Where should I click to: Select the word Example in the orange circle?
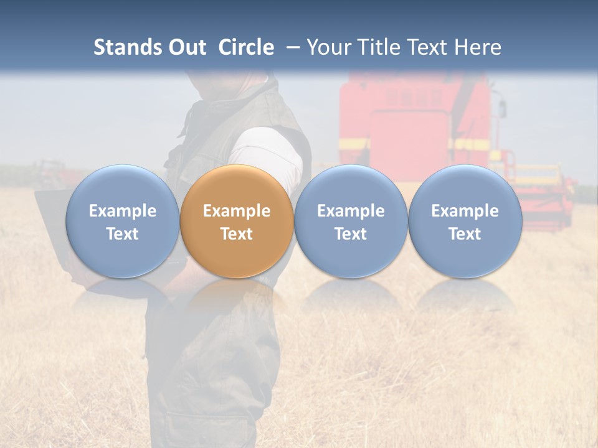coord(237,211)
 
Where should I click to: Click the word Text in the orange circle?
coord(237,234)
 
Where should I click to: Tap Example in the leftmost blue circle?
coord(123,211)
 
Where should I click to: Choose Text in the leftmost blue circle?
coord(123,234)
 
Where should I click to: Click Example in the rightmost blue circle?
coord(465,211)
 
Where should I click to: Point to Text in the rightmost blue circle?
coord(465,234)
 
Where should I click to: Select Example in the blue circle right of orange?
coord(351,211)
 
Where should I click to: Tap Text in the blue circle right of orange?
coord(351,234)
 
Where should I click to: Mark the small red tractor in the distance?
coord(53,171)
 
